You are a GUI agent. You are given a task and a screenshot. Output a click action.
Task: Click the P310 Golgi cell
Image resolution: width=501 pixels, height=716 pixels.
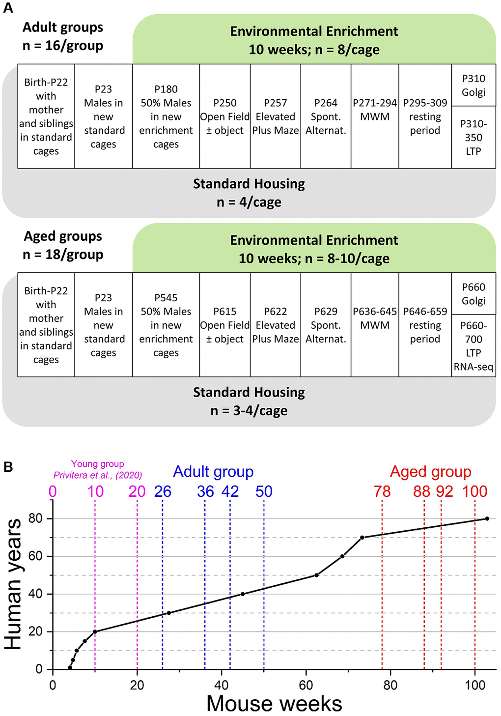click(x=473, y=86)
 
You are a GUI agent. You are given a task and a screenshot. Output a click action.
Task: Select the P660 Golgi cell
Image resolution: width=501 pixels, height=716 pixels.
click(x=473, y=294)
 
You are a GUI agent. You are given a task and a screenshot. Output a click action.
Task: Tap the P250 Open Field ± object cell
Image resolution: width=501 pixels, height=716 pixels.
click(x=225, y=116)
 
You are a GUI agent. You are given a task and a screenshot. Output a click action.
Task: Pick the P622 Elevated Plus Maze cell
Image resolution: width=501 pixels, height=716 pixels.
click(x=276, y=325)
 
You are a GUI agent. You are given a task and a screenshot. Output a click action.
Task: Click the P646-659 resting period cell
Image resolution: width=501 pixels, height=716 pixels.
click(x=425, y=325)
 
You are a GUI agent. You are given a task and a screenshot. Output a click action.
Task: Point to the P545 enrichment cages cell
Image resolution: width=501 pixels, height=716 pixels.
click(x=166, y=325)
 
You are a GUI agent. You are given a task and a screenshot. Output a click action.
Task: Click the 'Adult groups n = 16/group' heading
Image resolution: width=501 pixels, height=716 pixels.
click(x=63, y=36)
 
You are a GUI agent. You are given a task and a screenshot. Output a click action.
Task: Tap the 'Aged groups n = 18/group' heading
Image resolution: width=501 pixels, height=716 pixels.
click(x=63, y=245)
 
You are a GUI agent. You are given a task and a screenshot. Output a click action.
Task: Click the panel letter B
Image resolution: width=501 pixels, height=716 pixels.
click(x=8, y=466)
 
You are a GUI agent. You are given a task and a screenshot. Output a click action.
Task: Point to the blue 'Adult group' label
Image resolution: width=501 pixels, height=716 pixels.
click(x=213, y=472)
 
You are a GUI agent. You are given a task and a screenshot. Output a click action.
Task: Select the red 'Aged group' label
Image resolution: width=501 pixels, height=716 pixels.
click(x=430, y=472)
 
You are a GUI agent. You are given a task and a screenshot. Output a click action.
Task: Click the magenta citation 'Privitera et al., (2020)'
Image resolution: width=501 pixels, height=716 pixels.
click(x=98, y=475)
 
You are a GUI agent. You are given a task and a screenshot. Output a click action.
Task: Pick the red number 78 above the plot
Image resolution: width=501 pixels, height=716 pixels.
click(x=382, y=491)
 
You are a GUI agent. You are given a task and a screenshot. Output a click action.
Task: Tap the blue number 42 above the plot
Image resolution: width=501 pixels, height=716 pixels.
click(x=230, y=491)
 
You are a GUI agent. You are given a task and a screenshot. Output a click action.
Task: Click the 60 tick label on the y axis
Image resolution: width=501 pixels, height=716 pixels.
click(x=35, y=556)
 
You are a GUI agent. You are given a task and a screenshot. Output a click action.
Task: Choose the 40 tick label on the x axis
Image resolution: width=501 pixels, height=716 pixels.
click(x=222, y=685)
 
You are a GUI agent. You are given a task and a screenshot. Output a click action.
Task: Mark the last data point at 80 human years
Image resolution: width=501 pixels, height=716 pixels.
click(x=487, y=518)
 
